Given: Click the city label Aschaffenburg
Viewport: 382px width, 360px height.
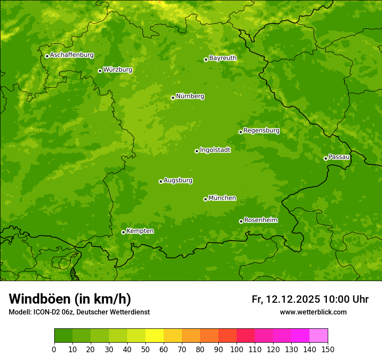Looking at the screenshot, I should [72, 55].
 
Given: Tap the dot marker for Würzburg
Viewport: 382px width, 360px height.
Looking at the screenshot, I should [100, 71].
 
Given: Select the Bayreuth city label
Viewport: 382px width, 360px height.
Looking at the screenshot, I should [223, 58].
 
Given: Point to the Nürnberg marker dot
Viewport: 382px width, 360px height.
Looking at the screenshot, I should [173, 98].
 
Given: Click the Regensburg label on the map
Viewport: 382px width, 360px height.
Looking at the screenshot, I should [261, 131].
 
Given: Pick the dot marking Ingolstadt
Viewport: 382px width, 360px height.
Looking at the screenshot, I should [197, 151].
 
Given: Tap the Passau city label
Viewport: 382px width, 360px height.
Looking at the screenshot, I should [339, 157].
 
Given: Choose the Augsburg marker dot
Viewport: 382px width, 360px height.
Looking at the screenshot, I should [161, 181].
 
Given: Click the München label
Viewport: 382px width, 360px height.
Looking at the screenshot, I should [222, 198].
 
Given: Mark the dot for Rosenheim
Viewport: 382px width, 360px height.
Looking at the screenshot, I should [241, 221].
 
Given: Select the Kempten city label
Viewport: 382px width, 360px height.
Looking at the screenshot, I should [140, 231].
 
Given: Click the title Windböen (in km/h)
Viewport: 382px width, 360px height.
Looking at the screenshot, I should [70, 299].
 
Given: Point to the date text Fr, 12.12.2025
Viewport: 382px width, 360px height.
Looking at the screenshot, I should [286, 299].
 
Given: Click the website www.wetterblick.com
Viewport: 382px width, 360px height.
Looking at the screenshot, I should [313, 312].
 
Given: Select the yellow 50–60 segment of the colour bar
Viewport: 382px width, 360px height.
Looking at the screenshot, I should [155, 336].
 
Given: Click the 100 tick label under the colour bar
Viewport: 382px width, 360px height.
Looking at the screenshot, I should [237, 349].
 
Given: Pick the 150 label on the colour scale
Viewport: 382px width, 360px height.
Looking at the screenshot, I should [327, 349].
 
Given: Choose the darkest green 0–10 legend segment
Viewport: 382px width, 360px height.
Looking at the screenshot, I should [63, 336].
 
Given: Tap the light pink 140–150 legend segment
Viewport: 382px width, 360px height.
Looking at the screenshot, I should [319, 336].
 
